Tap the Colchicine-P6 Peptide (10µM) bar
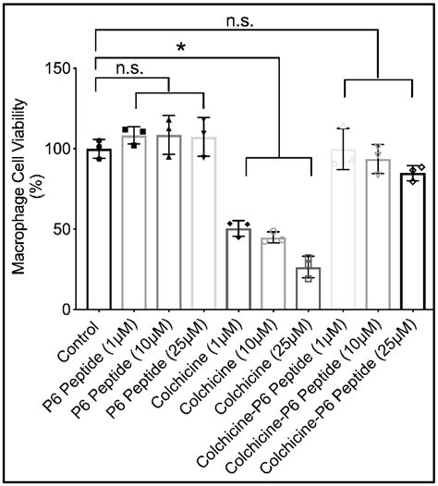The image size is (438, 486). tap(377, 235)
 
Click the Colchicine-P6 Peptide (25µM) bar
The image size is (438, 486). tap(412, 241)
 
